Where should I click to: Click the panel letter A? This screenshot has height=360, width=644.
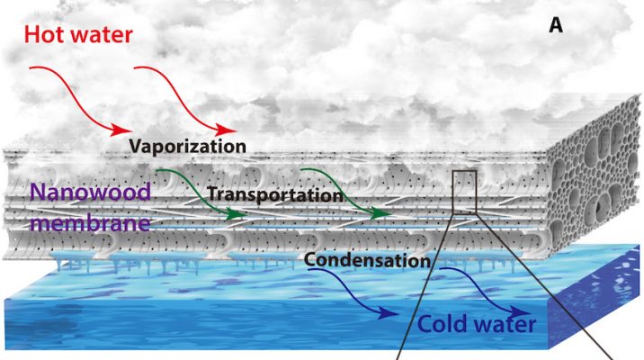tap(556, 28)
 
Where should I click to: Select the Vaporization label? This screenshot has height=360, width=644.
tap(186, 144)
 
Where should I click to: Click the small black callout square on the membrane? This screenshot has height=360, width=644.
tap(464, 190)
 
